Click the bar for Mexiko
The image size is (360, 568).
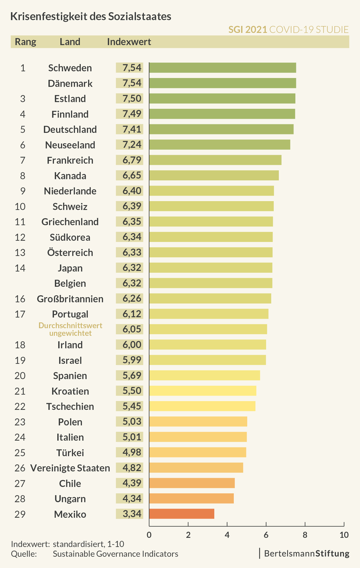(x=182, y=514)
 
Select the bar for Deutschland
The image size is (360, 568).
(x=221, y=129)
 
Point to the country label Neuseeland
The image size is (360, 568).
(x=70, y=145)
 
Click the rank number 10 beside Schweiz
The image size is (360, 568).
(x=20, y=206)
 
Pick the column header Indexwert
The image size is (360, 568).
(x=129, y=42)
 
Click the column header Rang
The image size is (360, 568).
(x=26, y=42)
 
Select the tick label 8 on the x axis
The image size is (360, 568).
(x=305, y=535)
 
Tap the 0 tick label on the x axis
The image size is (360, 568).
(x=149, y=535)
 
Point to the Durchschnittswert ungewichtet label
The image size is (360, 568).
(x=70, y=329)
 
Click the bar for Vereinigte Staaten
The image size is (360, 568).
(x=196, y=467)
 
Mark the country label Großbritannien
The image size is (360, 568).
(x=70, y=299)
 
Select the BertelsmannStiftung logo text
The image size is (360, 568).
(x=306, y=553)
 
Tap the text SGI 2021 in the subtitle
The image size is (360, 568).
(x=248, y=30)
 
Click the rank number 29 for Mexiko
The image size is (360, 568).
(x=20, y=514)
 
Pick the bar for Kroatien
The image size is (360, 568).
(x=203, y=391)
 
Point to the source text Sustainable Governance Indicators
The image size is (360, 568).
(x=116, y=554)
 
